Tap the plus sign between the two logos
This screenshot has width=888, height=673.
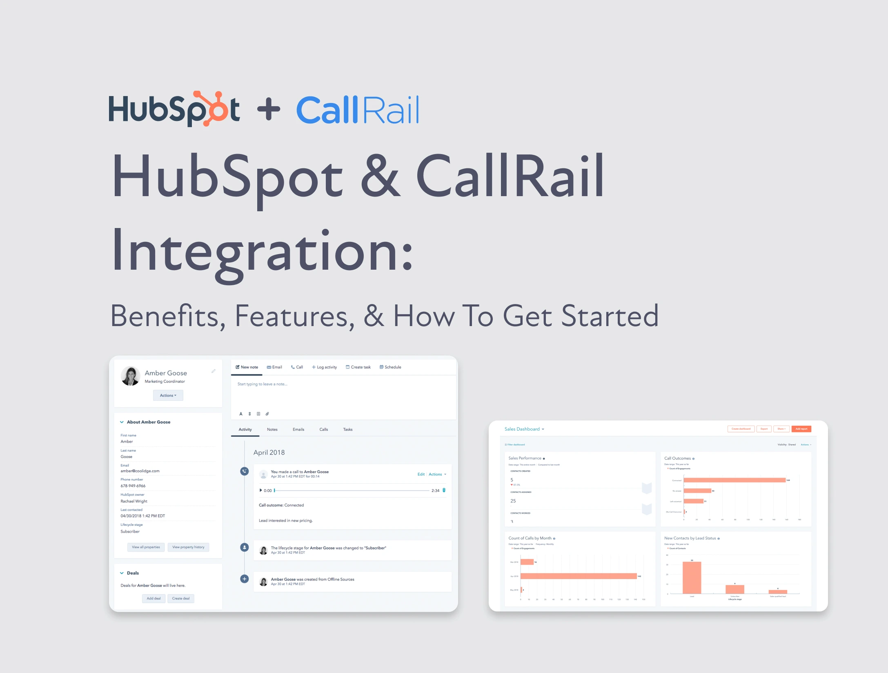(x=269, y=109)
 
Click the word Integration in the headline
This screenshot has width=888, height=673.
(x=261, y=251)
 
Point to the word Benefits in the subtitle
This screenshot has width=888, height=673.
(x=167, y=316)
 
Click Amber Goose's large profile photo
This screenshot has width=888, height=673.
(x=131, y=376)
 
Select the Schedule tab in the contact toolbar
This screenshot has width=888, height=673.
(x=390, y=367)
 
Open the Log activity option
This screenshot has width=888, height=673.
(x=325, y=367)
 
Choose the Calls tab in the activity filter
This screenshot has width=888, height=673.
(x=324, y=429)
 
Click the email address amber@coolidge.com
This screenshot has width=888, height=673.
(x=140, y=471)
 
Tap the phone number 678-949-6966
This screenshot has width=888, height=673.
(x=133, y=486)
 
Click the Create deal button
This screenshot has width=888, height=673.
(x=181, y=598)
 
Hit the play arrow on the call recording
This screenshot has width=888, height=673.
(x=261, y=490)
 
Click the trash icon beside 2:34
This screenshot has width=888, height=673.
(x=444, y=490)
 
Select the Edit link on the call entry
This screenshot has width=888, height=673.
(x=421, y=474)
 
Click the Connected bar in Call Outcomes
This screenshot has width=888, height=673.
(x=734, y=480)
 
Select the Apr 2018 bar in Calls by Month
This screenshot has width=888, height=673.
(x=579, y=576)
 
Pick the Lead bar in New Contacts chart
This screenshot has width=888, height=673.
(x=692, y=577)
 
